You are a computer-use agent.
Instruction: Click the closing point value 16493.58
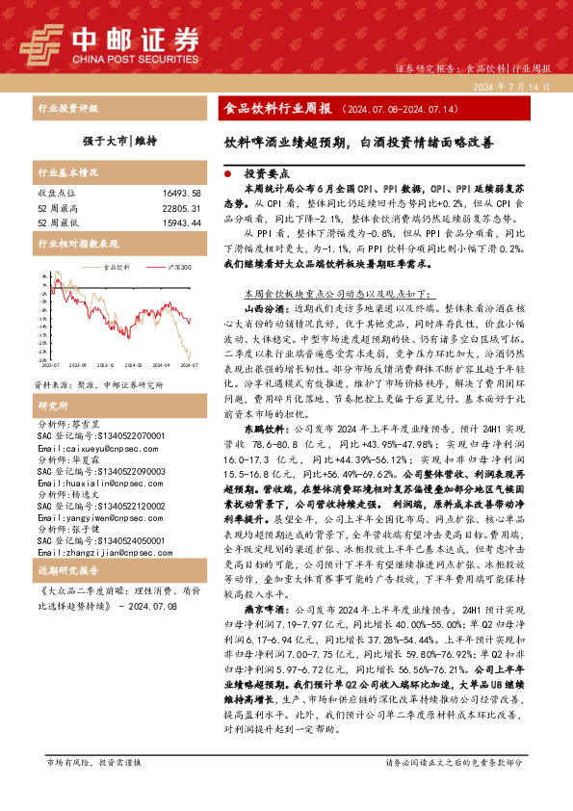pos(180,194)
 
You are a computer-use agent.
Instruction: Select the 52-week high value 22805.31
pos(180,208)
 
